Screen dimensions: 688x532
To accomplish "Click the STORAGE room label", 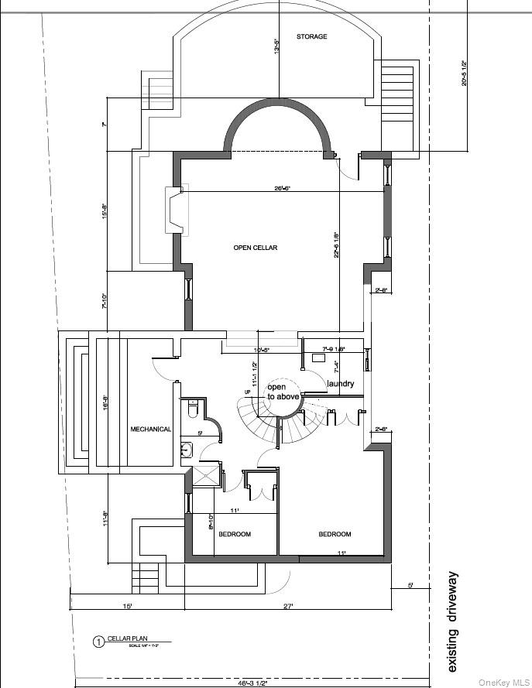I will (311, 36).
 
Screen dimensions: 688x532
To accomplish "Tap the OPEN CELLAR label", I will (255, 248).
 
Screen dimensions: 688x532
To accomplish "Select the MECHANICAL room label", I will (150, 429).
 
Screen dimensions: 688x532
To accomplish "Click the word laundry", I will (341, 384).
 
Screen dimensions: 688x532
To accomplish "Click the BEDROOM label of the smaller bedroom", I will (234, 534).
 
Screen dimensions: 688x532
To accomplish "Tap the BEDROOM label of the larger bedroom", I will (335, 534).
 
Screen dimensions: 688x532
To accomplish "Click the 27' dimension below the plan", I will (288, 606).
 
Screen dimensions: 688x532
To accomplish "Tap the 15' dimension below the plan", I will (127, 606).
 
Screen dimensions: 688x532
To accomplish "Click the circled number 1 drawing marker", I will (98, 641).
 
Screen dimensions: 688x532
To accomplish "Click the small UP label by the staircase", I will (247, 392).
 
